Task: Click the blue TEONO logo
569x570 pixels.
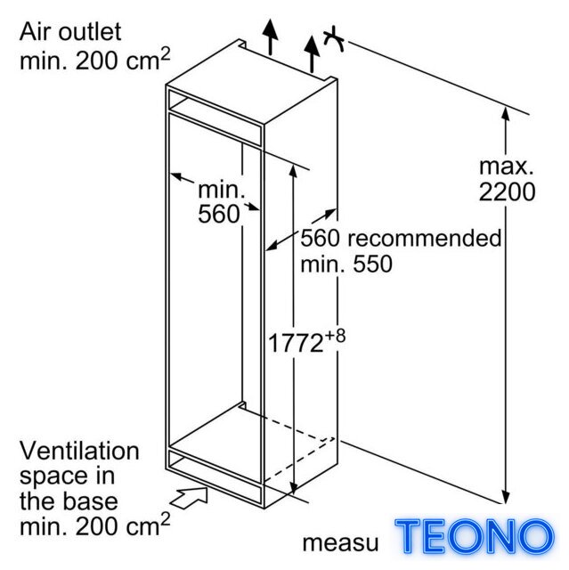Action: (x=475, y=537)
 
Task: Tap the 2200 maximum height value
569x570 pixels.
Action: (x=507, y=191)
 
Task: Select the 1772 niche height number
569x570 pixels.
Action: (x=296, y=343)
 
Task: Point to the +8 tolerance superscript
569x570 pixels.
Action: (x=335, y=337)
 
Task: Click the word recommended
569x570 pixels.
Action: (x=425, y=239)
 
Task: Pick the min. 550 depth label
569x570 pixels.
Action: (x=346, y=264)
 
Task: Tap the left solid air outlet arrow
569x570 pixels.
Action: (x=271, y=37)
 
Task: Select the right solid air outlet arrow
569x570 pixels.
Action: (x=312, y=53)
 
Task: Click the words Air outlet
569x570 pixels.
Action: (x=70, y=32)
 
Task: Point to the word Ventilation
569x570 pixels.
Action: (x=79, y=451)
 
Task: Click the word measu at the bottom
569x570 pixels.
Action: (x=340, y=543)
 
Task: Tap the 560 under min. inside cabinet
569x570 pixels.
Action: (x=219, y=214)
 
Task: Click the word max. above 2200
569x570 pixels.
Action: (x=506, y=167)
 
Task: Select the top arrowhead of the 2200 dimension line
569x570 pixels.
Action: (x=505, y=113)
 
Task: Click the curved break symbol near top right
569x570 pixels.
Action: (x=334, y=38)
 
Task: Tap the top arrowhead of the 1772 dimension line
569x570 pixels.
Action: (x=293, y=171)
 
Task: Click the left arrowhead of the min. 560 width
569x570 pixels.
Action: (x=176, y=176)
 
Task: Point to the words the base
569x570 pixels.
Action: (x=69, y=501)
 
